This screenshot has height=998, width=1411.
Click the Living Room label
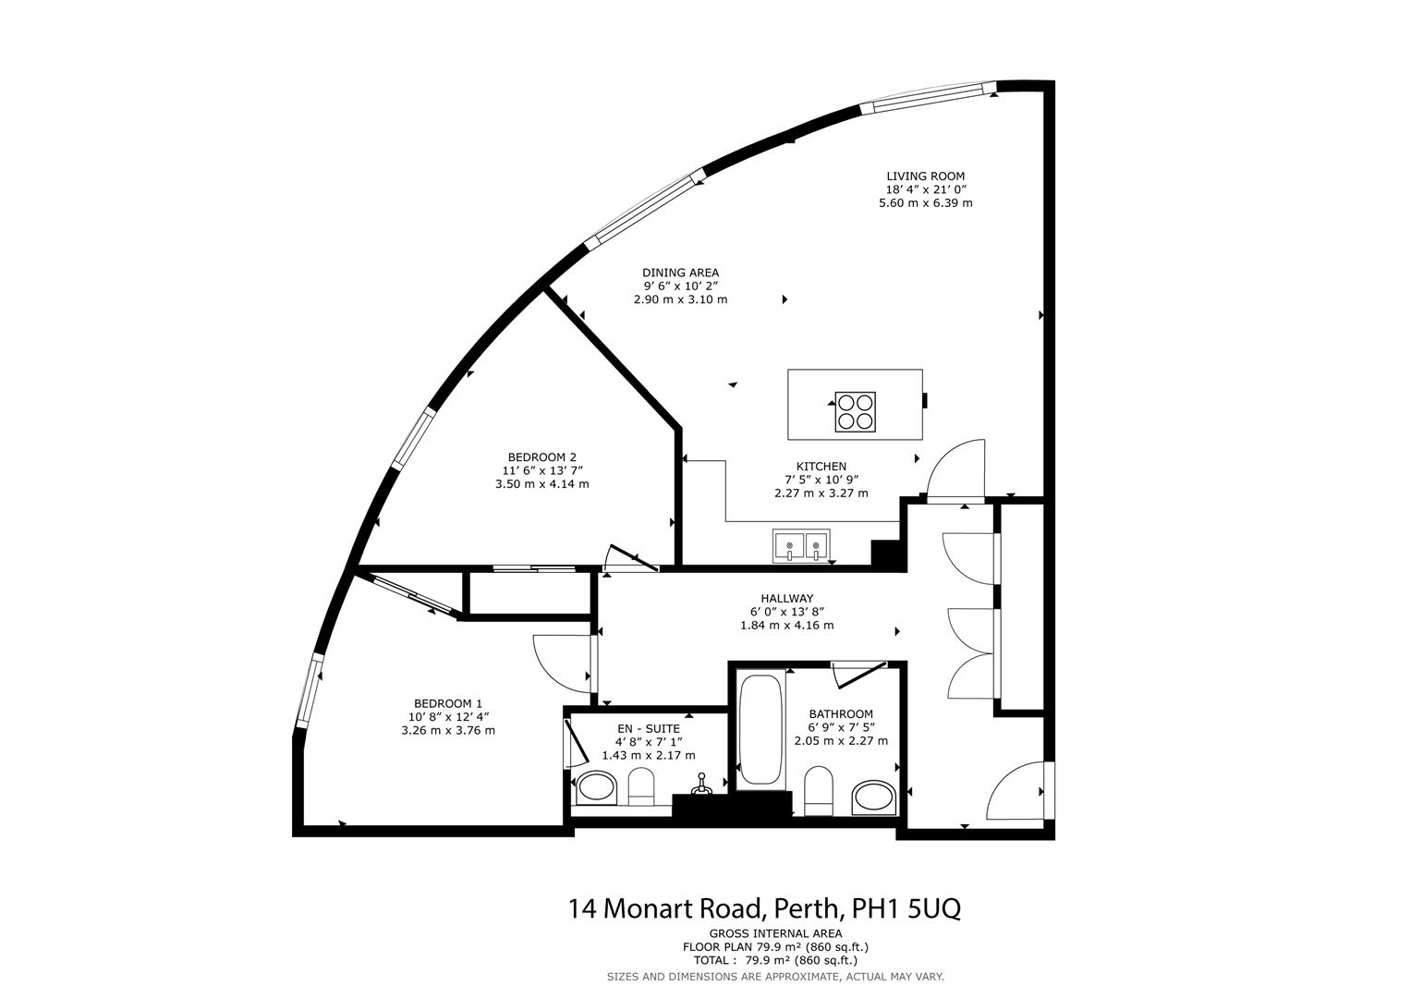coord(925,176)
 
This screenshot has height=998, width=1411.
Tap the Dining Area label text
coord(680,273)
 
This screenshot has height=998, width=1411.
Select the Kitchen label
coord(821,467)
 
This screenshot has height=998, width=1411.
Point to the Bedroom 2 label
coord(541,457)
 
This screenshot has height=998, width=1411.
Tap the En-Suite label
coord(648,728)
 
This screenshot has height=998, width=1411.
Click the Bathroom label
coord(840,714)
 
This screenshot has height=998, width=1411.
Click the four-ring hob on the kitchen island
coord(854,412)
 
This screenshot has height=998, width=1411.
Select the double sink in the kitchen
coord(801,546)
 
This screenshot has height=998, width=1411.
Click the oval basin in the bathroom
coord(873,797)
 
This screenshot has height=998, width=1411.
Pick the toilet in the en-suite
coord(641,789)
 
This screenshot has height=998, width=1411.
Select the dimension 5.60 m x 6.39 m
coord(925,202)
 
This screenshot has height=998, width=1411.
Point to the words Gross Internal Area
coord(775,933)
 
